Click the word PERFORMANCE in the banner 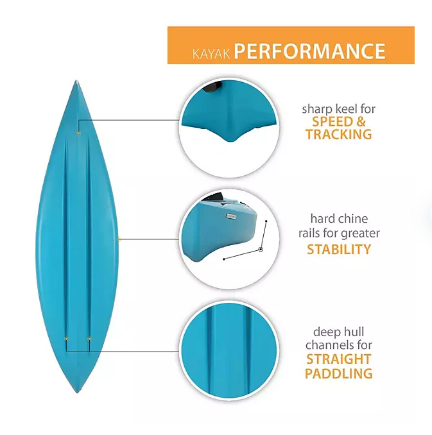(309, 51)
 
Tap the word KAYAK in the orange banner (211, 52)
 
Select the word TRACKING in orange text (338, 135)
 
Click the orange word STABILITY (338, 249)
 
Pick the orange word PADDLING (338, 373)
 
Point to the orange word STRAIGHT (338, 359)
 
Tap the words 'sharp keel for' (338, 109)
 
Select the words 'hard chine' (338, 219)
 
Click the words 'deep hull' (338, 332)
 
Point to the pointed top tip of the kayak (76, 83)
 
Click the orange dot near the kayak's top (78, 133)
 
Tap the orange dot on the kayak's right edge (119, 239)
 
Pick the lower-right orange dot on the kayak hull (89, 338)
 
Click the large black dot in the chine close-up (261, 248)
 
